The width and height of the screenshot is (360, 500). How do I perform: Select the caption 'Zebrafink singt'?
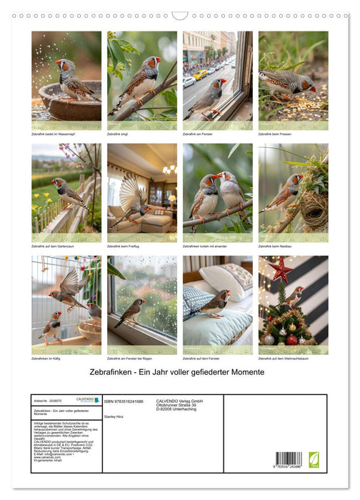tap(121, 134)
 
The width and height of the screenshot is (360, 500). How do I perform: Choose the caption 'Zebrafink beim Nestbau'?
tap(276, 246)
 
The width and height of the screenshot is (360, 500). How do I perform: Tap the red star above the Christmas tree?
tap(279, 270)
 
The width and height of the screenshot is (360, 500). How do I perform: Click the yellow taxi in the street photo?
tap(201, 74)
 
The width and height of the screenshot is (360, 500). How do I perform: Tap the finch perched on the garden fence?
tap(69, 191)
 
